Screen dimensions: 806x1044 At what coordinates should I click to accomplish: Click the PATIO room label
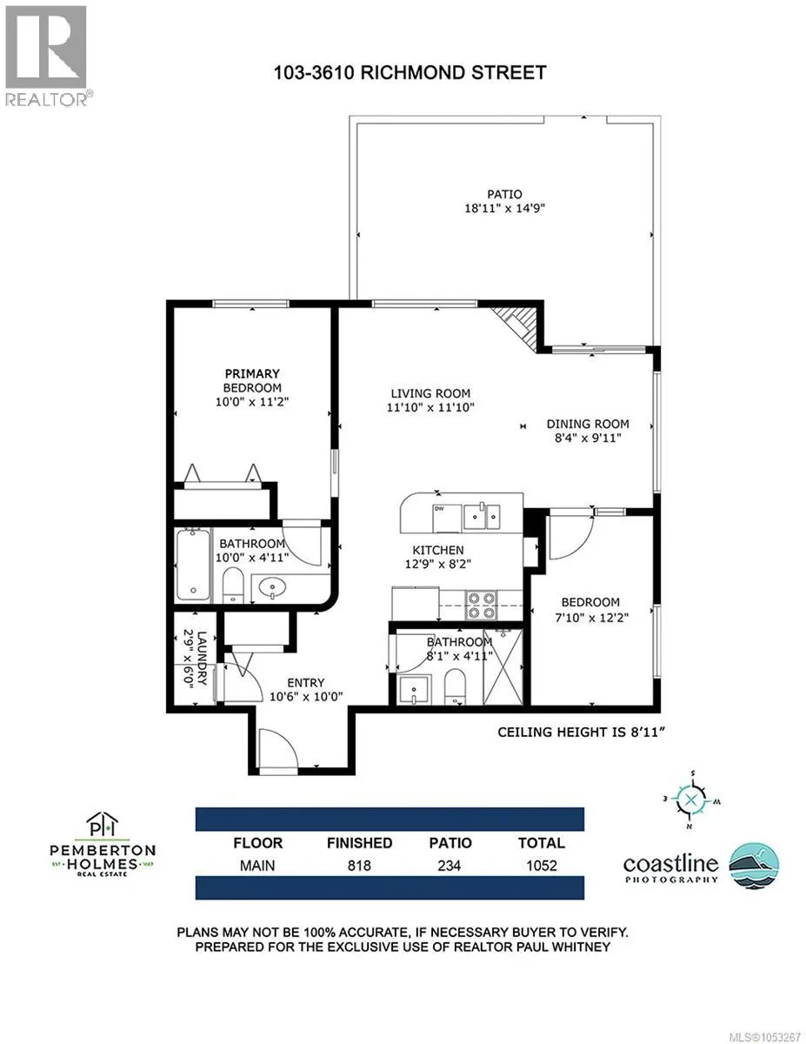504,194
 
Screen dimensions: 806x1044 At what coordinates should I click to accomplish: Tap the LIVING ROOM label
430,393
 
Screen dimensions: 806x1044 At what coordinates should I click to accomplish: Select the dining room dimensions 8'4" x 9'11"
588,438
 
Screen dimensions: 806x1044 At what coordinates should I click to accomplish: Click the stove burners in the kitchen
481,605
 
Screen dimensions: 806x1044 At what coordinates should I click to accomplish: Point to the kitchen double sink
482,517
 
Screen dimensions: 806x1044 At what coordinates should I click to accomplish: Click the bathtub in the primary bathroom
193,565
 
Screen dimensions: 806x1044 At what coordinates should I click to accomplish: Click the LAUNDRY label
202,658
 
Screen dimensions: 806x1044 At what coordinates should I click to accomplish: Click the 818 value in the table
359,866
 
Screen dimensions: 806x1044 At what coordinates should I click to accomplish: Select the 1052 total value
542,866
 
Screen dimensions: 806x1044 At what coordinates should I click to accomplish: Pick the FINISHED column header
360,843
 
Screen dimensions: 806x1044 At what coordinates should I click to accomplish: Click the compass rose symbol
690,800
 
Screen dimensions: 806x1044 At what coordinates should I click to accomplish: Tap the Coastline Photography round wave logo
754,867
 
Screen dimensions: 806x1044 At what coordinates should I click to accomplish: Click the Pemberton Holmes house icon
102,825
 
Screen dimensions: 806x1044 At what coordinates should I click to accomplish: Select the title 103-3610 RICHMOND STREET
410,73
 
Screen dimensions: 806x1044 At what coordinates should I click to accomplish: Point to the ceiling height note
581,733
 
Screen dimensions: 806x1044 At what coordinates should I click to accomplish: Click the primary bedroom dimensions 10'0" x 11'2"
252,402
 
